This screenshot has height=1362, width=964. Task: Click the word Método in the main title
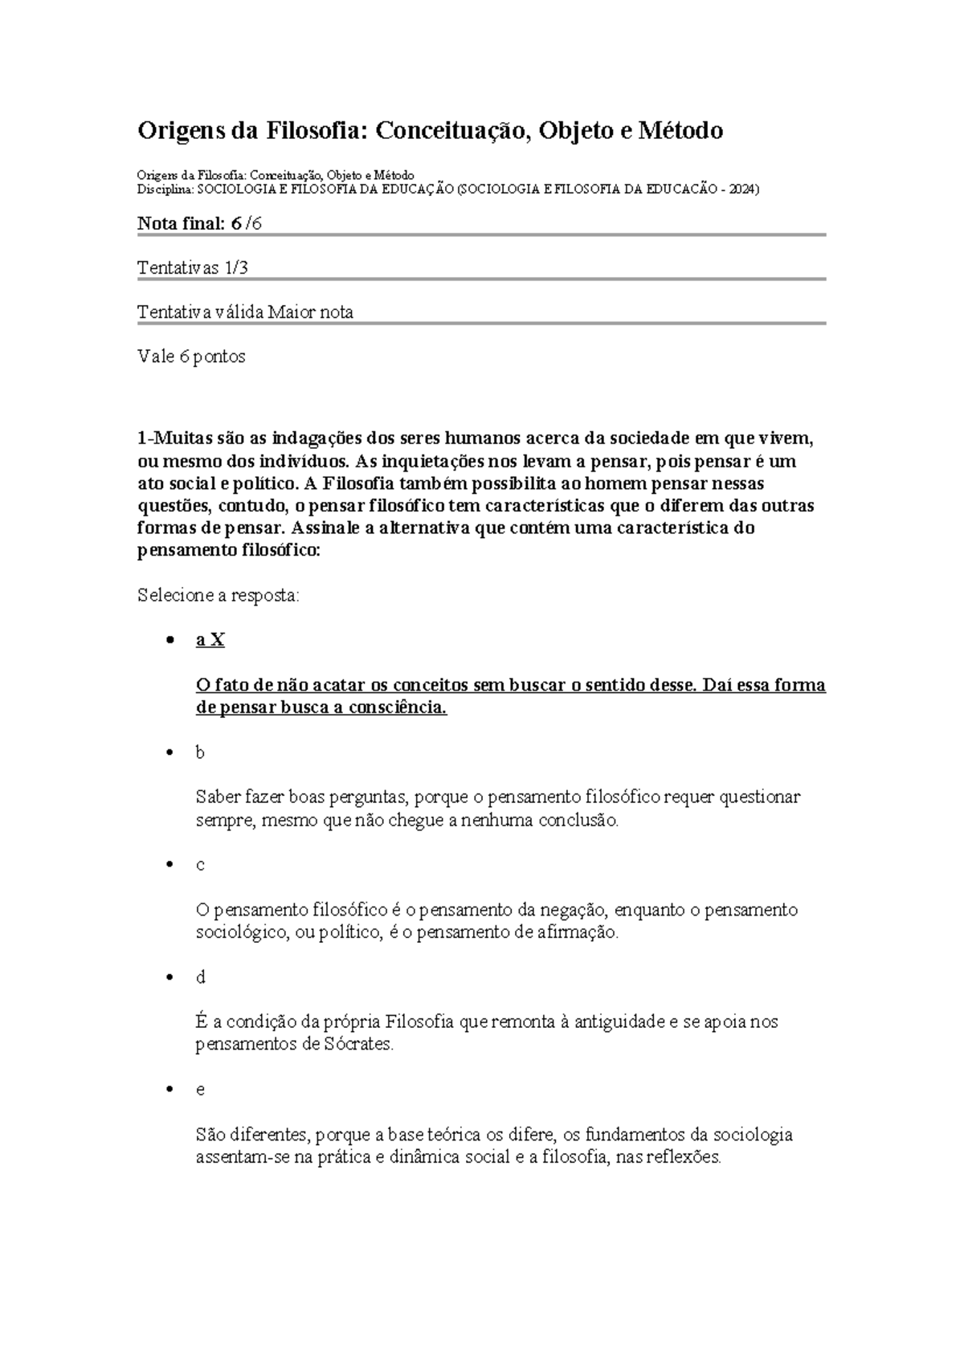(x=682, y=130)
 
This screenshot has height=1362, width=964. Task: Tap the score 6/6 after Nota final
(x=246, y=224)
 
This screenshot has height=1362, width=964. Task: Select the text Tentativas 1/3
(x=193, y=267)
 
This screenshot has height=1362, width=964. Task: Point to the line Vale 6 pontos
(x=191, y=357)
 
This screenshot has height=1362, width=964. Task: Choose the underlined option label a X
(x=210, y=640)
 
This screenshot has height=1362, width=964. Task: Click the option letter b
(x=200, y=752)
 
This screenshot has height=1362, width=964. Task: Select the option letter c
(x=200, y=865)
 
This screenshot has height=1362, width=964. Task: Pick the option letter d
(x=201, y=977)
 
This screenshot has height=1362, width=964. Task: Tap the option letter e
(x=200, y=1090)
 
